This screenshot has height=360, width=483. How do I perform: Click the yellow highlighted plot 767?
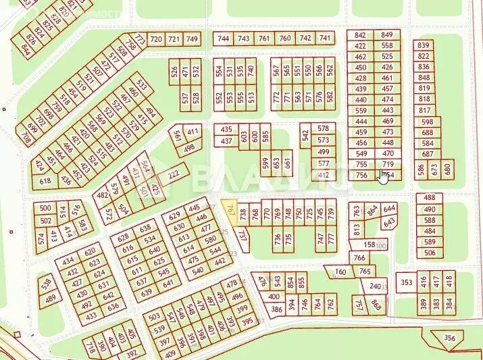232,211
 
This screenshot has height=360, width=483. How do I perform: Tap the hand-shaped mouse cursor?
384,176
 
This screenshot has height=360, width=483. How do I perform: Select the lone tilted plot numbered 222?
174,174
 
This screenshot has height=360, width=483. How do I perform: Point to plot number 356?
449,338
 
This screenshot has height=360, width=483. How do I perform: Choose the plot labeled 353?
406,282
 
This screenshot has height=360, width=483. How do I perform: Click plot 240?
375,286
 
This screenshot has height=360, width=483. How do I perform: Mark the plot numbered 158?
370,245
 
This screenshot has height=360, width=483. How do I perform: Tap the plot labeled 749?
193,39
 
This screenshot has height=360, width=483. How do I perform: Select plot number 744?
224,38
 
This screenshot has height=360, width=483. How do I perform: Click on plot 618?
46,181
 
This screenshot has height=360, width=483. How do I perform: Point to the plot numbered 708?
26,139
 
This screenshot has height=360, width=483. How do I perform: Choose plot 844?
27,49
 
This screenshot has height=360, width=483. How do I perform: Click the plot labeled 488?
430,198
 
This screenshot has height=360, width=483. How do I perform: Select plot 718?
91,349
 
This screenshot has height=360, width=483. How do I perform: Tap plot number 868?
376,307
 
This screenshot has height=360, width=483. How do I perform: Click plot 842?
360,35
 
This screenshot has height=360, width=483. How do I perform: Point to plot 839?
424,45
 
